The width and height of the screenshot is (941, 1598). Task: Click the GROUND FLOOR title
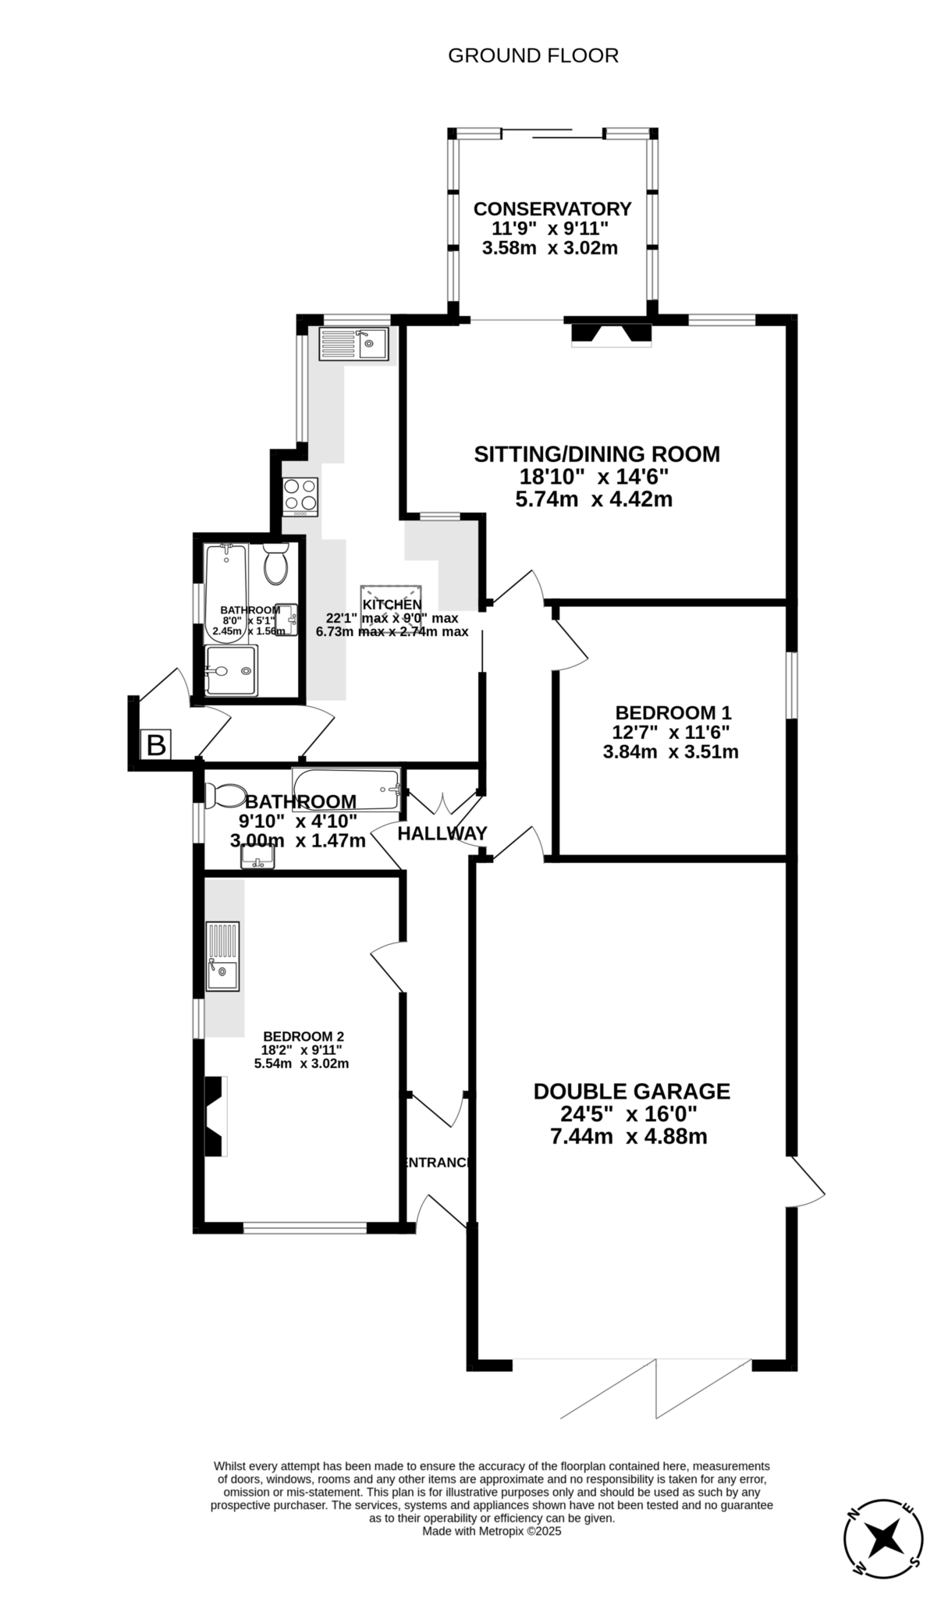tap(533, 55)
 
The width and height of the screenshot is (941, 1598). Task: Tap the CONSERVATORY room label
tap(552, 209)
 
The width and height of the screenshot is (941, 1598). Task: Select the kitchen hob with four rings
tap(300, 496)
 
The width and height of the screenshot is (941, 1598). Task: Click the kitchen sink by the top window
tap(353, 343)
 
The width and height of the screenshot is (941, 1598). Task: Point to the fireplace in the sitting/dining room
tap(611, 334)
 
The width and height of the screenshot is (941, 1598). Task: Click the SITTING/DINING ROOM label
tap(596, 454)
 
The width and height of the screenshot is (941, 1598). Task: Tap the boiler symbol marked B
tap(156, 745)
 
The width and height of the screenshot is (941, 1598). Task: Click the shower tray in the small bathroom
tap(231, 669)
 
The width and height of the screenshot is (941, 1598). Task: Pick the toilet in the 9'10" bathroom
tap(224, 795)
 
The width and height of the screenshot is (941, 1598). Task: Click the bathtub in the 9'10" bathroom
tap(346, 790)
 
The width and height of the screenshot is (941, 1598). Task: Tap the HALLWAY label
tap(442, 833)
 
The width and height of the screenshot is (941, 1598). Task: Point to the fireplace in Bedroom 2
tap(215, 1116)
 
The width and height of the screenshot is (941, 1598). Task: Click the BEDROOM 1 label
tap(673, 712)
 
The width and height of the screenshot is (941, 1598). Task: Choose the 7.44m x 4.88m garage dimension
tap(628, 1136)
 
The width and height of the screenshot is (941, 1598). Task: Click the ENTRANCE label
tap(436, 1163)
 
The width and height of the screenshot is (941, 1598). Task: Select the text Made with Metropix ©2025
tap(492, 1531)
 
